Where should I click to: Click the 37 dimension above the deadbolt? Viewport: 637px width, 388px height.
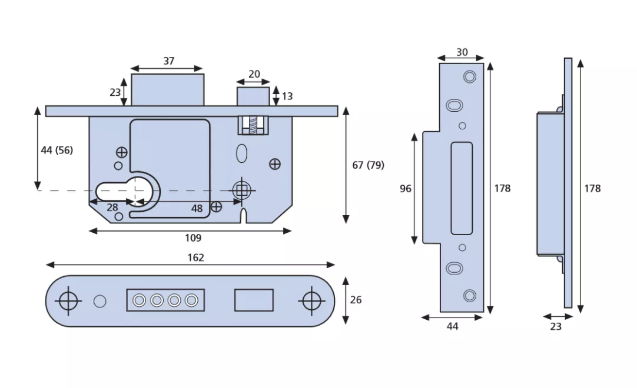(x=169, y=61)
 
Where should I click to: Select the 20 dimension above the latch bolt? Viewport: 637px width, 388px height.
(x=254, y=74)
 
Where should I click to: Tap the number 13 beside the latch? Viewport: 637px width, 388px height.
(x=287, y=96)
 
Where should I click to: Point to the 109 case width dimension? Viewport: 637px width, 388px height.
(x=193, y=238)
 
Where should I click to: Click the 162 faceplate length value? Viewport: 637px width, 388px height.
(x=195, y=257)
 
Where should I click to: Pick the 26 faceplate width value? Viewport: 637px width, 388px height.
(x=356, y=300)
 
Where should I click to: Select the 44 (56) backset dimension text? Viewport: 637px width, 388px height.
(x=57, y=150)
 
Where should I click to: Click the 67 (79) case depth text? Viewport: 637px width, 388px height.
(x=368, y=165)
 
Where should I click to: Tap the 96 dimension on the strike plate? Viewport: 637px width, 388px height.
(x=406, y=189)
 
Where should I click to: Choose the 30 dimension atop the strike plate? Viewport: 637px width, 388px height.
(x=462, y=52)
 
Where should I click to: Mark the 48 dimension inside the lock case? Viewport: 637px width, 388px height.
(x=197, y=208)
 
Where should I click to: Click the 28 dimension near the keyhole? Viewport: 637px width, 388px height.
(x=112, y=208)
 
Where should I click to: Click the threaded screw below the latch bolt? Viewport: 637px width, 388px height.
(x=254, y=124)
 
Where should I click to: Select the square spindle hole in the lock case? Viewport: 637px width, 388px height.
(x=241, y=189)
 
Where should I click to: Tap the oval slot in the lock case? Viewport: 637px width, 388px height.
(x=241, y=153)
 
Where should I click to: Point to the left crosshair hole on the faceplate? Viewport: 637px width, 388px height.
(x=69, y=300)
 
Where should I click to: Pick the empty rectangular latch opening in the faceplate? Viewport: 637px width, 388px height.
(x=254, y=300)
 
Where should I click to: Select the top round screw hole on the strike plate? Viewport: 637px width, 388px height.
(x=469, y=76)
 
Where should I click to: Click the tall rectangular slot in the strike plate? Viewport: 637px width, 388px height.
(x=462, y=188)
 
